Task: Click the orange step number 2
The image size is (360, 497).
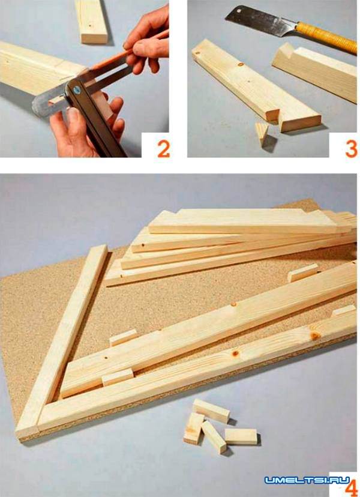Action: coord(164,149)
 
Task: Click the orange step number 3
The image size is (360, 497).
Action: coord(351,149)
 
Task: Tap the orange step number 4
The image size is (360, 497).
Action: coord(352,488)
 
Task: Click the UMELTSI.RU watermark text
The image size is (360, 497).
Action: coord(307,480)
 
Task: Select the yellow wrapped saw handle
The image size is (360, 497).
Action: coord(326,37)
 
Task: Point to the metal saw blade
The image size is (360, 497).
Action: coord(260,21)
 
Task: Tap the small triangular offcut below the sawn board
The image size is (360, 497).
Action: coord(262,133)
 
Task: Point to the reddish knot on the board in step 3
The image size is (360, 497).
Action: coord(241,65)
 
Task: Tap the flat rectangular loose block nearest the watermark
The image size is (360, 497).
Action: coord(241,436)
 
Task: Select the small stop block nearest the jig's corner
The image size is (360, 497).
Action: coord(118,377)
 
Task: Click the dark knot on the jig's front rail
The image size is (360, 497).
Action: coord(235,353)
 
